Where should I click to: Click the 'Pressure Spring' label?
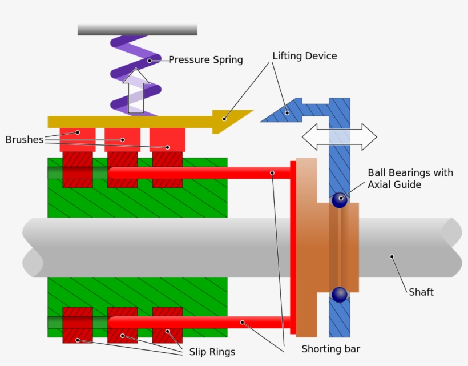205,60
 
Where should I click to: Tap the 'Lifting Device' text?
304,56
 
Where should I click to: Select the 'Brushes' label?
24,140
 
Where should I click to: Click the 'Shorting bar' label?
330,349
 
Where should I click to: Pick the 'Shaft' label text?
421,292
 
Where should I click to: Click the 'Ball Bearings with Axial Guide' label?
410,178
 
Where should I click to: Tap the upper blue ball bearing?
340,199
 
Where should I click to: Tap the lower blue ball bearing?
340,295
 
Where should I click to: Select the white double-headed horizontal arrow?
339,136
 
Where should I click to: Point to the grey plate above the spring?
137,30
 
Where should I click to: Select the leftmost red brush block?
78,139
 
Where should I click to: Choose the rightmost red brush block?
167,139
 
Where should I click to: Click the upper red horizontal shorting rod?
200,172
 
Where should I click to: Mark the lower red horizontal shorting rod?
200,323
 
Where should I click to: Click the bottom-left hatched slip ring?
78,325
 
